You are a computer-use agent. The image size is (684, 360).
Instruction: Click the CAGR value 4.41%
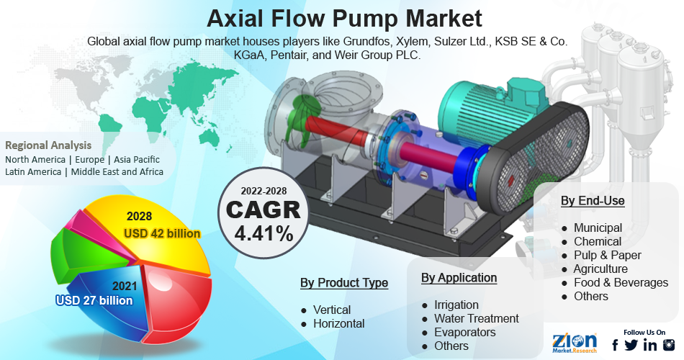point(264,233)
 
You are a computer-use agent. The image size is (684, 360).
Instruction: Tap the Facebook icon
point(615,345)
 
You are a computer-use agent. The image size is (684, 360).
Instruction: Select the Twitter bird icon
point(631,345)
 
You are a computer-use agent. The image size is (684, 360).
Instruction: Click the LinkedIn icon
point(649,345)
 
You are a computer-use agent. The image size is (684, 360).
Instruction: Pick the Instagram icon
point(669,345)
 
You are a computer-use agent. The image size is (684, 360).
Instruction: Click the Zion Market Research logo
point(574,343)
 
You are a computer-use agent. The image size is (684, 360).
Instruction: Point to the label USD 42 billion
point(162,233)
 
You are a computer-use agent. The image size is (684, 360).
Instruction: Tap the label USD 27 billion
point(94,300)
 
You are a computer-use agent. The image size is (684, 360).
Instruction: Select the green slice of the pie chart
point(87,256)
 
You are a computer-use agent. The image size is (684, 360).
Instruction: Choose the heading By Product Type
point(344,283)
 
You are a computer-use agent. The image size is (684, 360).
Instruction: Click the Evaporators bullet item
point(465,332)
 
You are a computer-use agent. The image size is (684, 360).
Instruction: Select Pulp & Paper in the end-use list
point(608,256)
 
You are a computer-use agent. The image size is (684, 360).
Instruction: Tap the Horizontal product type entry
point(339,323)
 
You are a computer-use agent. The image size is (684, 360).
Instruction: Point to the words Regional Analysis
point(48,145)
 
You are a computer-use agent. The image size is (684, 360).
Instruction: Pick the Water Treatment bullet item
point(477,318)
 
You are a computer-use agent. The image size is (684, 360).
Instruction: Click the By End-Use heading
point(593,201)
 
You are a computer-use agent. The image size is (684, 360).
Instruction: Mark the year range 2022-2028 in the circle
point(264,191)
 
